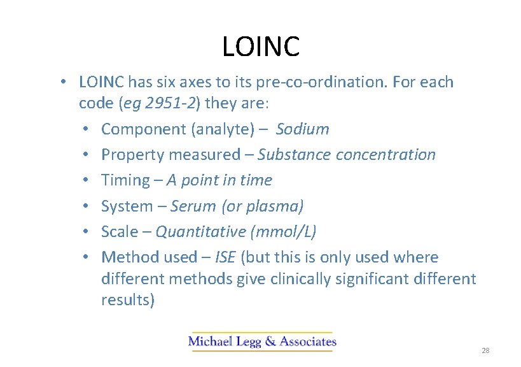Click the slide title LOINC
pyautogui.click(x=261, y=47)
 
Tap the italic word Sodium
pyautogui.click(x=302, y=129)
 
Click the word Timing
pyautogui.click(x=125, y=180)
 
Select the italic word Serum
pyautogui.click(x=194, y=206)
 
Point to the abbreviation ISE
pyautogui.click(x=225, y=257)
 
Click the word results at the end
pyautogui.click(x=127, y=300)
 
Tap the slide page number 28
pyautogui.click(x=485, y=351)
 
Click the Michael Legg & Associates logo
pyautogui.click(x=262, y=342)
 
